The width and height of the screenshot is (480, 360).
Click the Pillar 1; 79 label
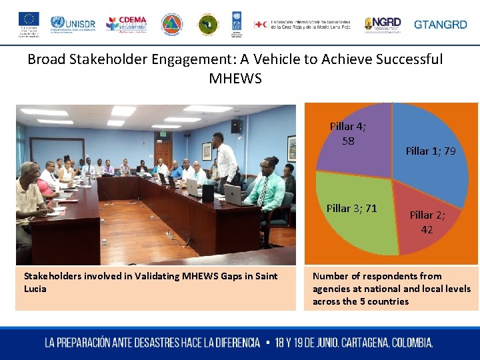click(431, 151)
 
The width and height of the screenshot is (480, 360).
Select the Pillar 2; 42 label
click(427, 222)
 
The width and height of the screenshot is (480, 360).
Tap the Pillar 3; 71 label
click(351, 208)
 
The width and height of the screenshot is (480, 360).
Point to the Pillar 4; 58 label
click(348, 133)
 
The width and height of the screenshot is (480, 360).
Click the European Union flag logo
click(29, 20)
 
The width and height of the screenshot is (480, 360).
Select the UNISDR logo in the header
click(73, 24)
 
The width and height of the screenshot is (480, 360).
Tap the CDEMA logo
click(126, 23)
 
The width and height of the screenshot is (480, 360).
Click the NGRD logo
click(383, 25)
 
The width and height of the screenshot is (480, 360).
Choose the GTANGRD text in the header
click(441, 25)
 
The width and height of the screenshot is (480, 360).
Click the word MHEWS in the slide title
click(235, 79)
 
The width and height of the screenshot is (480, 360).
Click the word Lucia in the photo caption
click(35, 289)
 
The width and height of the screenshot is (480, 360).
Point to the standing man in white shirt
click(226, 160)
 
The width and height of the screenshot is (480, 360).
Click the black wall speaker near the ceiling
click(237, 125)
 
